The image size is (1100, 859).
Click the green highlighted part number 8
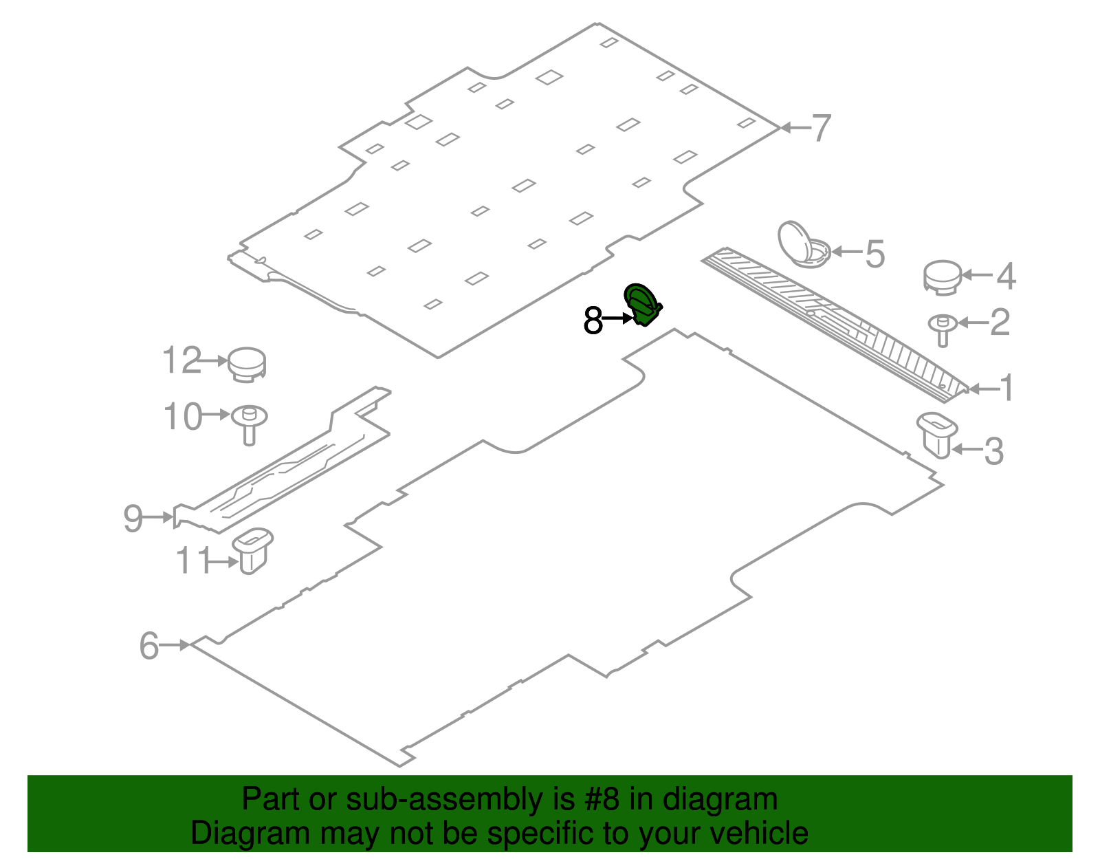click(642, 305)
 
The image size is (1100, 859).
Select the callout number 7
click(821, 127)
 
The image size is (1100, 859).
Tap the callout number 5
click(875, 254)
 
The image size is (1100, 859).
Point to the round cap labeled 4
click(943, 277)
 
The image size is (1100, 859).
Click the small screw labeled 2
click(943, 330)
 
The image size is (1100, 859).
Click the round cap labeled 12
click(247, 365)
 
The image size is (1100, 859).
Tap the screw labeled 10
click(249, 425)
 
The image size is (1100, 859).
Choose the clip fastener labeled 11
click(252, 551)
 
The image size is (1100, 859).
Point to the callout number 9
click(133, 518)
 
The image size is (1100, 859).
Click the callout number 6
click(148, 645)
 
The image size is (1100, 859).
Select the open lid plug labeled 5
click(804, 244)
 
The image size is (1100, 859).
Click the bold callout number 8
click(593, 320)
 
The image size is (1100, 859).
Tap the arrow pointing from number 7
click(795, 127)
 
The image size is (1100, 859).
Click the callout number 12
click(181, 360)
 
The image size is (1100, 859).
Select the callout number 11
click(193, 561)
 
